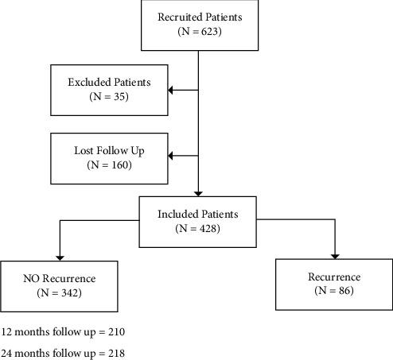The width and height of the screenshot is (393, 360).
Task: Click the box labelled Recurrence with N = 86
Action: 333,285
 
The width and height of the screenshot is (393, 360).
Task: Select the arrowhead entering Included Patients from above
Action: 197,192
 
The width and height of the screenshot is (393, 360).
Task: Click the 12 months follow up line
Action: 63,331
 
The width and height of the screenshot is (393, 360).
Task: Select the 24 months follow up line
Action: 63,351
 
